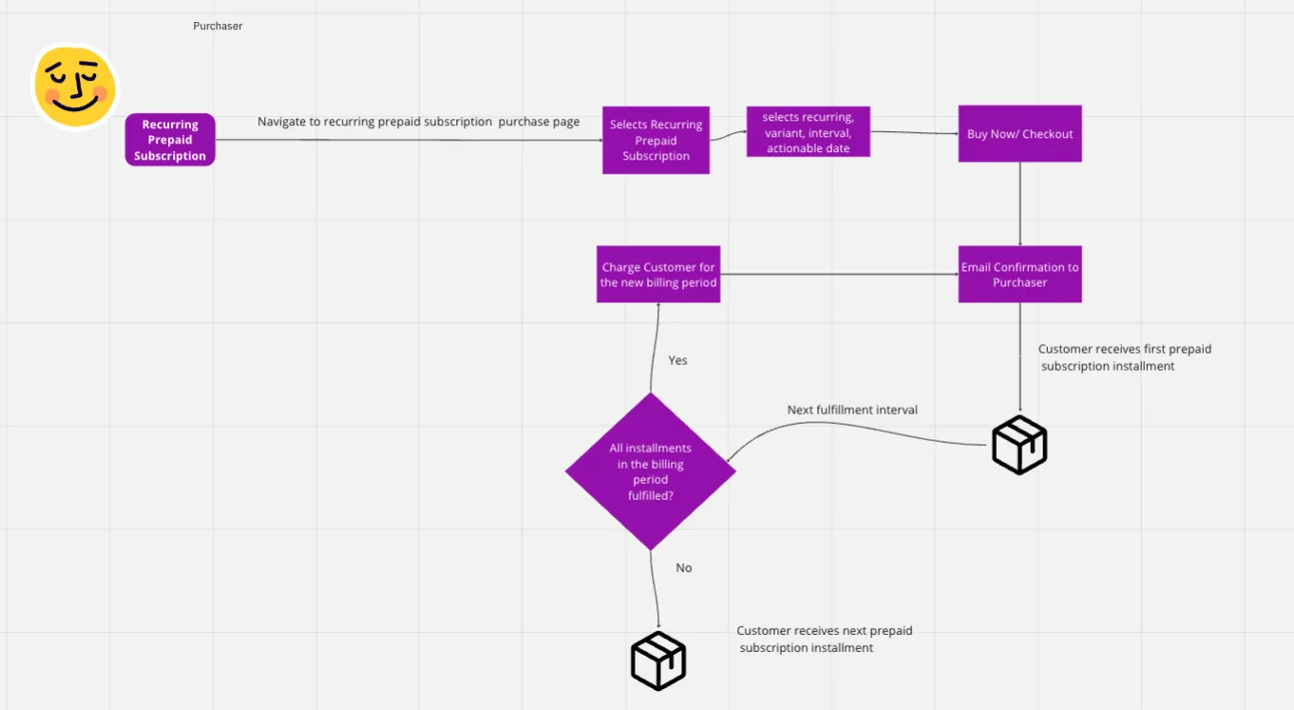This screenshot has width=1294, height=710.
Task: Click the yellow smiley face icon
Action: pos(75,86)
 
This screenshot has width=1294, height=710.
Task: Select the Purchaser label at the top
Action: pos(218,26)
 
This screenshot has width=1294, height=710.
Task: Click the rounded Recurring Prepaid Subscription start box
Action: pos(170,140)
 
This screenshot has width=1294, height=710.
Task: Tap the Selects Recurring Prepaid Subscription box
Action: pos(656,140)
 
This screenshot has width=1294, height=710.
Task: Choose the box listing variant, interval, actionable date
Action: pos(809,132)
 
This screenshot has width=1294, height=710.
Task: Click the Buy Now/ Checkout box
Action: pos(1019,133)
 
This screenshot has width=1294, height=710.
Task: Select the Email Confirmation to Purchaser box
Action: pos(1019,275)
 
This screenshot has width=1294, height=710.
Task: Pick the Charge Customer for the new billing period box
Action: pos(658,275)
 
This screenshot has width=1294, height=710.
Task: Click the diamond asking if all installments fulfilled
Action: pos(651,471)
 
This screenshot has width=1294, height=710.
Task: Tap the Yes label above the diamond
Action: pos(677,360)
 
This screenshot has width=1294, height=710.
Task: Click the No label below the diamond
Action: pos(683,567)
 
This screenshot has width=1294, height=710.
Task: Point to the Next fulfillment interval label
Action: pos(852,410)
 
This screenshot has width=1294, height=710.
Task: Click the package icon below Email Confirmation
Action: pos(1019,445)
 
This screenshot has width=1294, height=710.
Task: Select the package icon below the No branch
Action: pos(658,661)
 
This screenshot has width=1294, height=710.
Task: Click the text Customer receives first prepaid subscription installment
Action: pos(1124,357)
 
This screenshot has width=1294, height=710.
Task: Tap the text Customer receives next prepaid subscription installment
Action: pos(825,639)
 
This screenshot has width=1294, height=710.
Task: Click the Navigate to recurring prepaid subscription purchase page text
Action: pos(418,122)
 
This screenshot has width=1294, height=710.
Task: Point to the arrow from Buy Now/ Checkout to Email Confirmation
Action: pos(1019,204)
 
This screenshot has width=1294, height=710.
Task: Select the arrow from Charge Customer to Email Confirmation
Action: pos(839,274)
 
